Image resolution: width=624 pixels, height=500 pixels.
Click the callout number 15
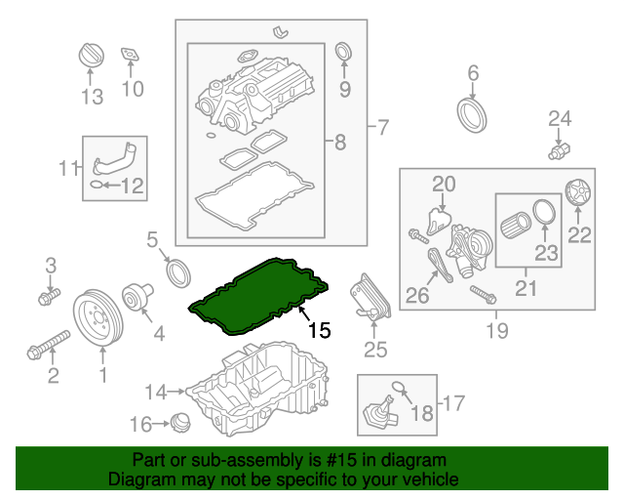(x=320, y=330)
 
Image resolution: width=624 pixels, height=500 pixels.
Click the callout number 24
(x=559, y=119)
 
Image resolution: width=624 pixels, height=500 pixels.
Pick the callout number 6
(x=474, y=71)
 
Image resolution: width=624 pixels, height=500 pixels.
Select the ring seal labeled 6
(x=474, y=112)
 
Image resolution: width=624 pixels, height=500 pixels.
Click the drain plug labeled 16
(x=181, y=425)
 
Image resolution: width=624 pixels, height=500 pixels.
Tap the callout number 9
(x=343, y=90)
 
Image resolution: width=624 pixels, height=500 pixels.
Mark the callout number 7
(x=382, y=127)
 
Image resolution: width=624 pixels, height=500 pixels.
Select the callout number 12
(x=132, y=185)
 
